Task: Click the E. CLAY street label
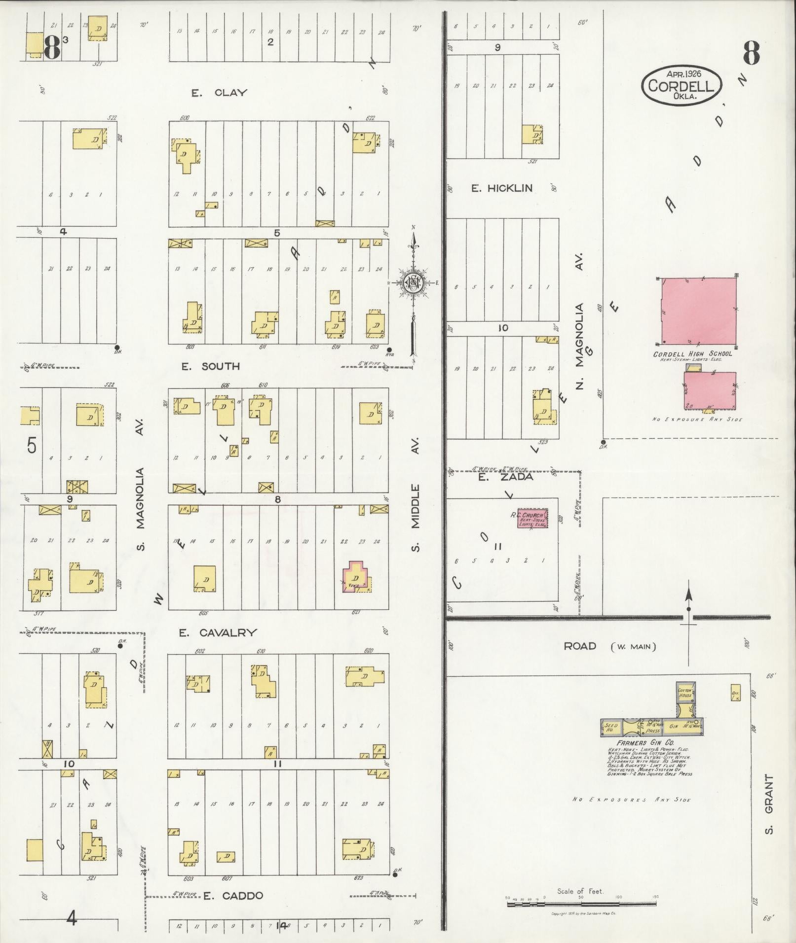219,93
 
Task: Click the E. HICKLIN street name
502,188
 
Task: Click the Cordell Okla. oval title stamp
681,85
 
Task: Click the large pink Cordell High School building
699,312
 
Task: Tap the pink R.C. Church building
532,519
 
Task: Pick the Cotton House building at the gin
685,692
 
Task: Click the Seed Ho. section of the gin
611,728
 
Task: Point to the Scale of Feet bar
581,897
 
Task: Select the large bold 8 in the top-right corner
751,53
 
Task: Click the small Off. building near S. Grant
735,693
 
